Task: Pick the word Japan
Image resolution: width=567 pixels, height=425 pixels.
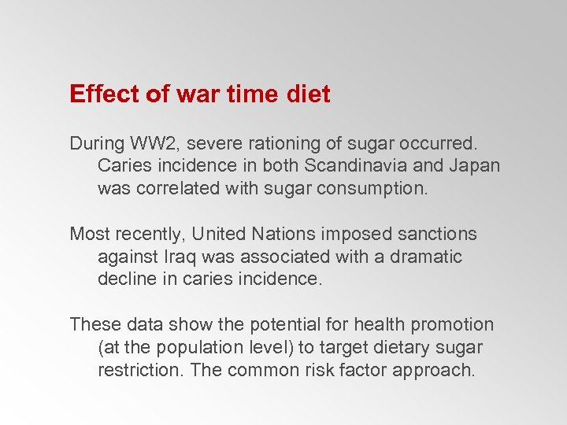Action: pos(475,167)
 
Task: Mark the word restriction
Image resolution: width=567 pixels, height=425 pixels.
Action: pos(132,370)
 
